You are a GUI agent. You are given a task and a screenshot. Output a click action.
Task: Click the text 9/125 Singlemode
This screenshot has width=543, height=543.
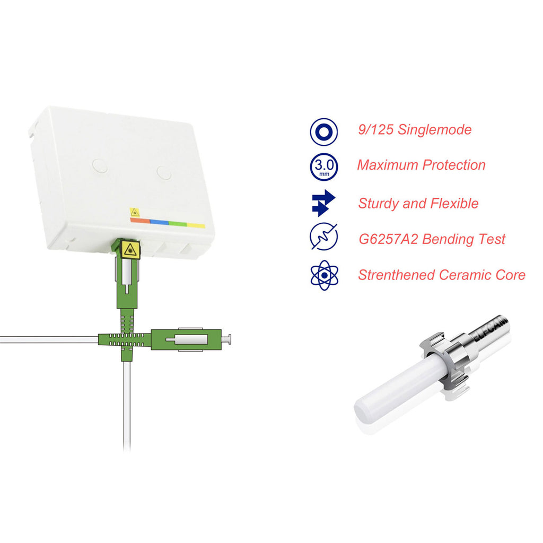415,130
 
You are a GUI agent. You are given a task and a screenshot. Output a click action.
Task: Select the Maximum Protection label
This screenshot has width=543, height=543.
421,165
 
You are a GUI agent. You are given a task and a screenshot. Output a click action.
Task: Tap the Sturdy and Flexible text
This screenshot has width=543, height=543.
418,203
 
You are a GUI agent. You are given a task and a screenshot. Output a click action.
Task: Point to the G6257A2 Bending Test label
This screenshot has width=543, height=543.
432,239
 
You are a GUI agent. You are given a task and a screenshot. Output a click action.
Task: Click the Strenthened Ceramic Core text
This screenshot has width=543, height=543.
442,275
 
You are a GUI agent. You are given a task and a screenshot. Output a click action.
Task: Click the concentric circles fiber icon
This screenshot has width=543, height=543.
324,132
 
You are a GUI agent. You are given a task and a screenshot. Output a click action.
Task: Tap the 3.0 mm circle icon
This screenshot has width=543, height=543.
324,167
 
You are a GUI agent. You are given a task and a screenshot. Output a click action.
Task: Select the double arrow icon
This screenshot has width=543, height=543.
323,203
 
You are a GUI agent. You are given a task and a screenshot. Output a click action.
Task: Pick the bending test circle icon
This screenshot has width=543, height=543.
324,237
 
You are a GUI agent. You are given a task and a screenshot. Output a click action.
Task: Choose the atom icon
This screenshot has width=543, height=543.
324,275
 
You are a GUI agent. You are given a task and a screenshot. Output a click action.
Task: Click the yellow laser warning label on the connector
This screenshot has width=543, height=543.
130,249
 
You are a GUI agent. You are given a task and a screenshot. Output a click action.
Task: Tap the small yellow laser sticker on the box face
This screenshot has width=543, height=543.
134,212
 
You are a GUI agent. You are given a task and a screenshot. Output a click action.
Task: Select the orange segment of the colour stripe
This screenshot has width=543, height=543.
140,220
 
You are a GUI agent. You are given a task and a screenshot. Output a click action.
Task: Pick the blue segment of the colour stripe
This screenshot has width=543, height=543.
159,222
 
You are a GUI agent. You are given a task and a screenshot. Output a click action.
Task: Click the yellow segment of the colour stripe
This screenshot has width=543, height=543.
196,225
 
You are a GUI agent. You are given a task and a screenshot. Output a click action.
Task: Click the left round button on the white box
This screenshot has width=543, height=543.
100,166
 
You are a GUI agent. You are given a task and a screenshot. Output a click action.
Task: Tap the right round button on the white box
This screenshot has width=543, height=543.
164,173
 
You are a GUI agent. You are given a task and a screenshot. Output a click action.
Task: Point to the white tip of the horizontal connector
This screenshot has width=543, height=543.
226,340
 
